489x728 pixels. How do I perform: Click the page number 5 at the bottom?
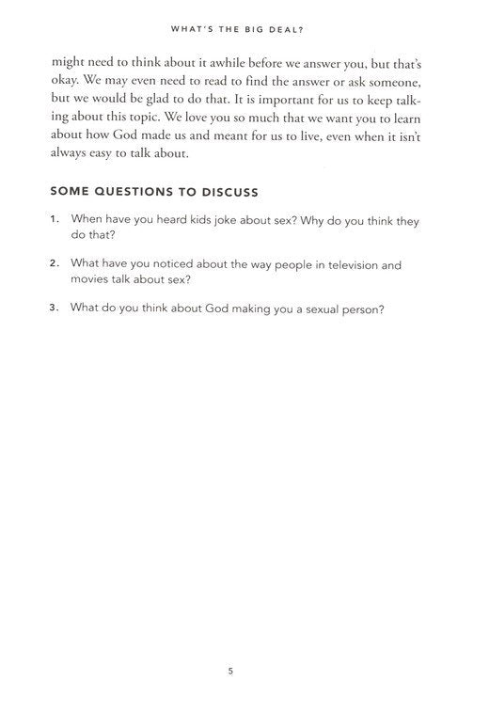point(230,672)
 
